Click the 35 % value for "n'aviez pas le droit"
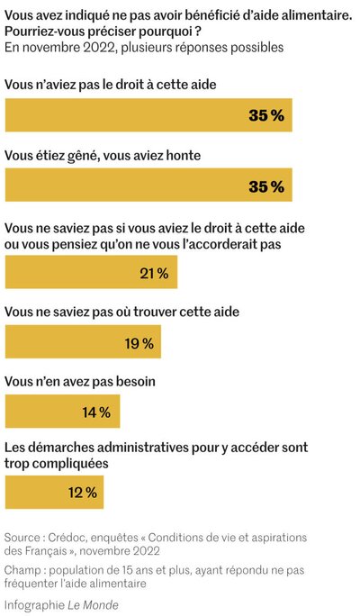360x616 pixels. pyautogui.click(x=266, y=115)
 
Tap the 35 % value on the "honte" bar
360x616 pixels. pyautogui.click(x=266, y=186)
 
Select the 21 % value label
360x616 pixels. pyautogui.click(x=154, y=273)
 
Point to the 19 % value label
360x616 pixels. pyautogui.click(x=139, y=343)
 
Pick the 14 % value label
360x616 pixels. pyautogui.click(x=96, y=412)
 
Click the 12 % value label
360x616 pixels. pyautogui.click(x=83, y=493)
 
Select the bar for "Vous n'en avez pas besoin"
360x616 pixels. pyautogui.click(x=62, y=412)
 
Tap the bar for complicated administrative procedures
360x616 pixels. pyautogui.click(x=54, y=493)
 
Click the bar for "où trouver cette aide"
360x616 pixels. pyautogui.click(x=83, y=341)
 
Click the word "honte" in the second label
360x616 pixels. pyautogui.click(x=184, y=156)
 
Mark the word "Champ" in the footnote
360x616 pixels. pyautogui.click(x=21, y=570)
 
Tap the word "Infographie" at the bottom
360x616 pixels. pyautogui.click(x=35, y=605)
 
